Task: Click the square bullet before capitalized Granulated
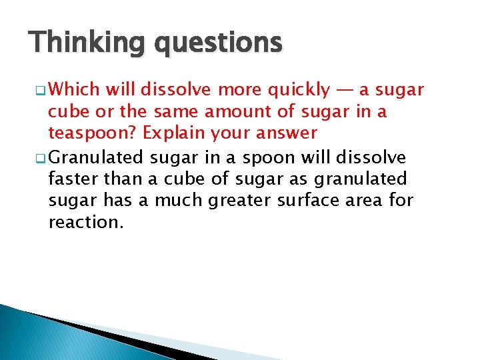click(x=40, y=159)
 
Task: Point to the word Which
click(x=73, y=89)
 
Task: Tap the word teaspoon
click(x=86, y=133)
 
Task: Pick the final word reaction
click(x=86, y=222)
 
